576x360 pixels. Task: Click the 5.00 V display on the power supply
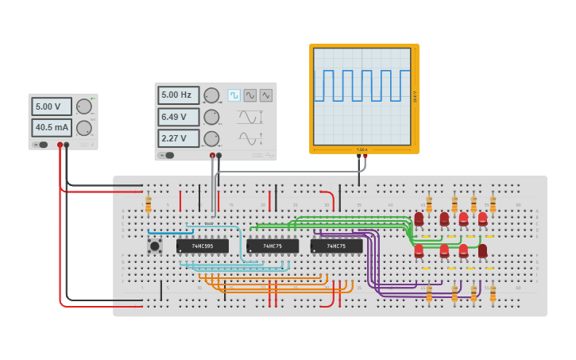coord(52,106)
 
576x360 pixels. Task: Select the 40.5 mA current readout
coord(52,127)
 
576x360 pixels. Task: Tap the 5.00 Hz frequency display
coord(178,95)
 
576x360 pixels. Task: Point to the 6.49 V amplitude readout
coord(178,117)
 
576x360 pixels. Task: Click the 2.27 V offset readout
coord(178,138)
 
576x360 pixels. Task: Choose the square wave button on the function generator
coord(234,95)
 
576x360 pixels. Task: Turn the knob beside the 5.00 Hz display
coord(211,95)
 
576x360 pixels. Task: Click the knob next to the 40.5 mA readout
coord(83,127)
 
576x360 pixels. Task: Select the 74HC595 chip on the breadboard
coord(202,246)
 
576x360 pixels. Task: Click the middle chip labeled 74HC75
coord(273,246)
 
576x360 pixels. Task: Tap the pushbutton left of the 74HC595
coord(154,246)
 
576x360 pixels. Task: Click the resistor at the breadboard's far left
coord(148,206)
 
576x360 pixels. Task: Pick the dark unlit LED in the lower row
coord(482,251)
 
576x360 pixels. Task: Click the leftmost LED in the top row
coord(419,219)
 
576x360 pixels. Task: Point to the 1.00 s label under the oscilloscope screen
coord(362,149)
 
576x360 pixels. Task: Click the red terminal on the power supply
coord(60,145)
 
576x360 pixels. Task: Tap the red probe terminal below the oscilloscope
coord(365,157)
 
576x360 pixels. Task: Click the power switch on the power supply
coord(40,145)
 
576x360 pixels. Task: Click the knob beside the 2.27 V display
coord(211,138)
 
